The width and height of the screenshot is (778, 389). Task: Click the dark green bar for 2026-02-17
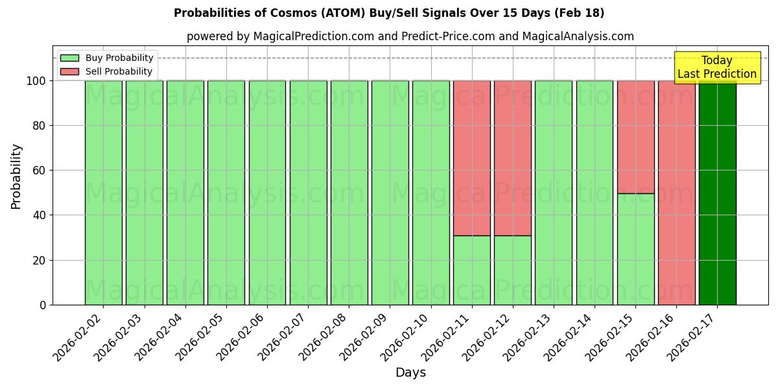pyautogui.click(x=717, y=193)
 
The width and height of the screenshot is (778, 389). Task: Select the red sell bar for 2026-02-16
pyautogui.click(x=676, y=193)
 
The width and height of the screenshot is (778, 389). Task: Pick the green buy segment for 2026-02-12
pyautogui.click(x=513, y=270)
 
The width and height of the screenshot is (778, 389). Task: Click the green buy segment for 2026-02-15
pyautogui.click(x=635, y=249)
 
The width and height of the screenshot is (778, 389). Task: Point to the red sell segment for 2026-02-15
pyautogui.click(x=635, y=137)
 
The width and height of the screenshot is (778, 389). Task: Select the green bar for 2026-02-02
pyautogui.click(x=103, y=193)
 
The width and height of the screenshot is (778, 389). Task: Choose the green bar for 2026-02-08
pyautogui.click(x=349, y=193)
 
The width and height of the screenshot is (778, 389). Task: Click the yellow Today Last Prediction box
pyautogui.click(x=716, y=67)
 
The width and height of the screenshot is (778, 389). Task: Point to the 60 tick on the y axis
pyautogui.click(x=41, y=171)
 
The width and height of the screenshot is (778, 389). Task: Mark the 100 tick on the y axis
pyautogui.click(x=37, y=81)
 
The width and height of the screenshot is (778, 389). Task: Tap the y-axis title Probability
pyautogui.click(x=16, y=176)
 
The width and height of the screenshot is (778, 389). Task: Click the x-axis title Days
pyautogui.click(x=410, y=373)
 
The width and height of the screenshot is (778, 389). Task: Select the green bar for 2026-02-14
pyautogui.click(x=595, y=193)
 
